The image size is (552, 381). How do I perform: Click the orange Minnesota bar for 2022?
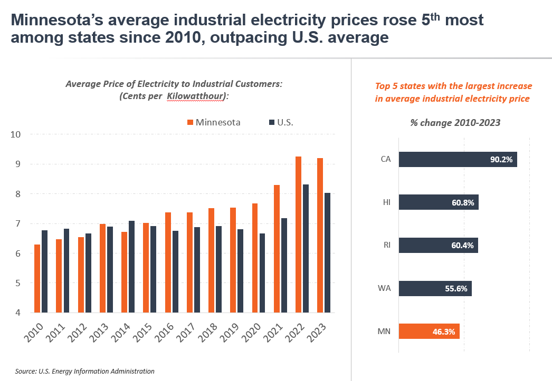(298, 235)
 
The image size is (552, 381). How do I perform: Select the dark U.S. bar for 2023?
(327, 253)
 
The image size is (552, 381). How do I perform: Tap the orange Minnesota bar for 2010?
(37, 279)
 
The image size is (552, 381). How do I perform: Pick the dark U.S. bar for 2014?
(131, 267)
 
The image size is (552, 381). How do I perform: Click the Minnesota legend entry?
(214, 122)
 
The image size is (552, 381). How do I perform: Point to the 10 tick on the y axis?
(16, 134)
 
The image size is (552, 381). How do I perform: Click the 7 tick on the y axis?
(17, 224)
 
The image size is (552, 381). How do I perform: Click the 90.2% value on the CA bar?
(501, 159)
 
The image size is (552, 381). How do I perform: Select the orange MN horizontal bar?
(429, 331)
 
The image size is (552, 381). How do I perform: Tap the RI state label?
(386, 245)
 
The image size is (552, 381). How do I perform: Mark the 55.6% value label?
(457, 288)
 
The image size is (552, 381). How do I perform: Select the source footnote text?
(85, 371)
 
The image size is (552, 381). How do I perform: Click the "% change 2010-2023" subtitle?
(455, 122)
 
